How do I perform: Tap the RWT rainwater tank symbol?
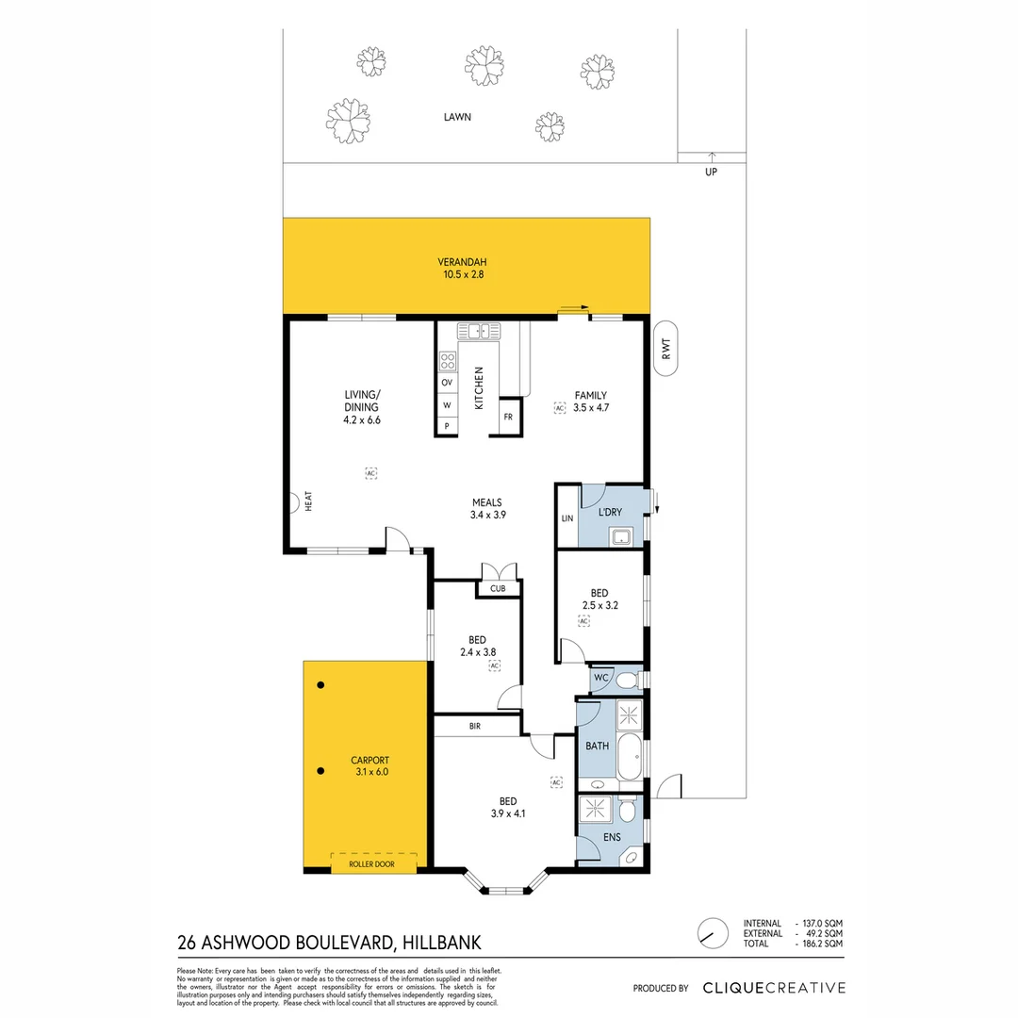[666, 351]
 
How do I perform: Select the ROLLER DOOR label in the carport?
[370, 863]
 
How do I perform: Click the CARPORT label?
[369, 760]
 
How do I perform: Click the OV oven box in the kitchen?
[447, 382]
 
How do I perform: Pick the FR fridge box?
[507, 417]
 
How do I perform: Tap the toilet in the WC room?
[632, 679]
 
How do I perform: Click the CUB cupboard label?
[498, 588]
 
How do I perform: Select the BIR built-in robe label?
[476, 726]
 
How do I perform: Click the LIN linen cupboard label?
[566, 518]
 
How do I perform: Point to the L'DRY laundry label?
[611, 513]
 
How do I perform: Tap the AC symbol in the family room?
[559, 407]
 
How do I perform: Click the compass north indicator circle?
[713, 932]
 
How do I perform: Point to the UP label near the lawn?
[711, 172]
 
